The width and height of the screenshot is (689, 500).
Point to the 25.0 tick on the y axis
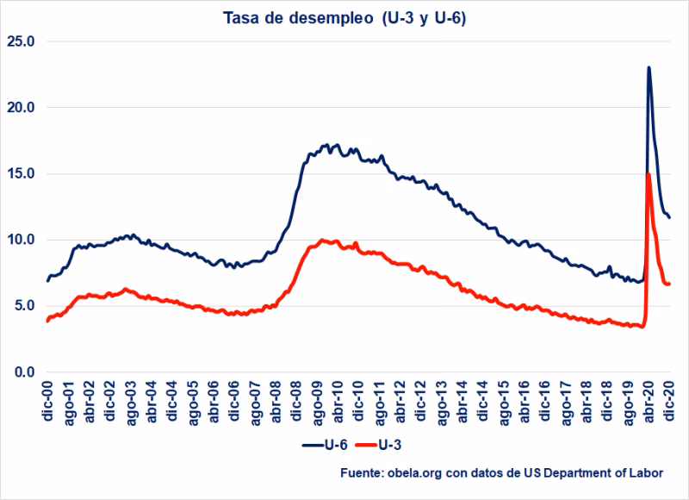coord(22,41)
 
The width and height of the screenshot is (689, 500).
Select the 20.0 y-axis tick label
coord(22,107)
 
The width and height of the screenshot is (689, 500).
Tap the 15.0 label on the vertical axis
coord(22,173)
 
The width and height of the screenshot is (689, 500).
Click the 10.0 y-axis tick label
coord(22,240)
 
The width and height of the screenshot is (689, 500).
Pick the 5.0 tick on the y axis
coord(25,305)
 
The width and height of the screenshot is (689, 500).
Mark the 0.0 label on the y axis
coord(25,372)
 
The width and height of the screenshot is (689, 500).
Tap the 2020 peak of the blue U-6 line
coord(649,67)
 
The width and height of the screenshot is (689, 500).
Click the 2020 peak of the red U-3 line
coord(648,174)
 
